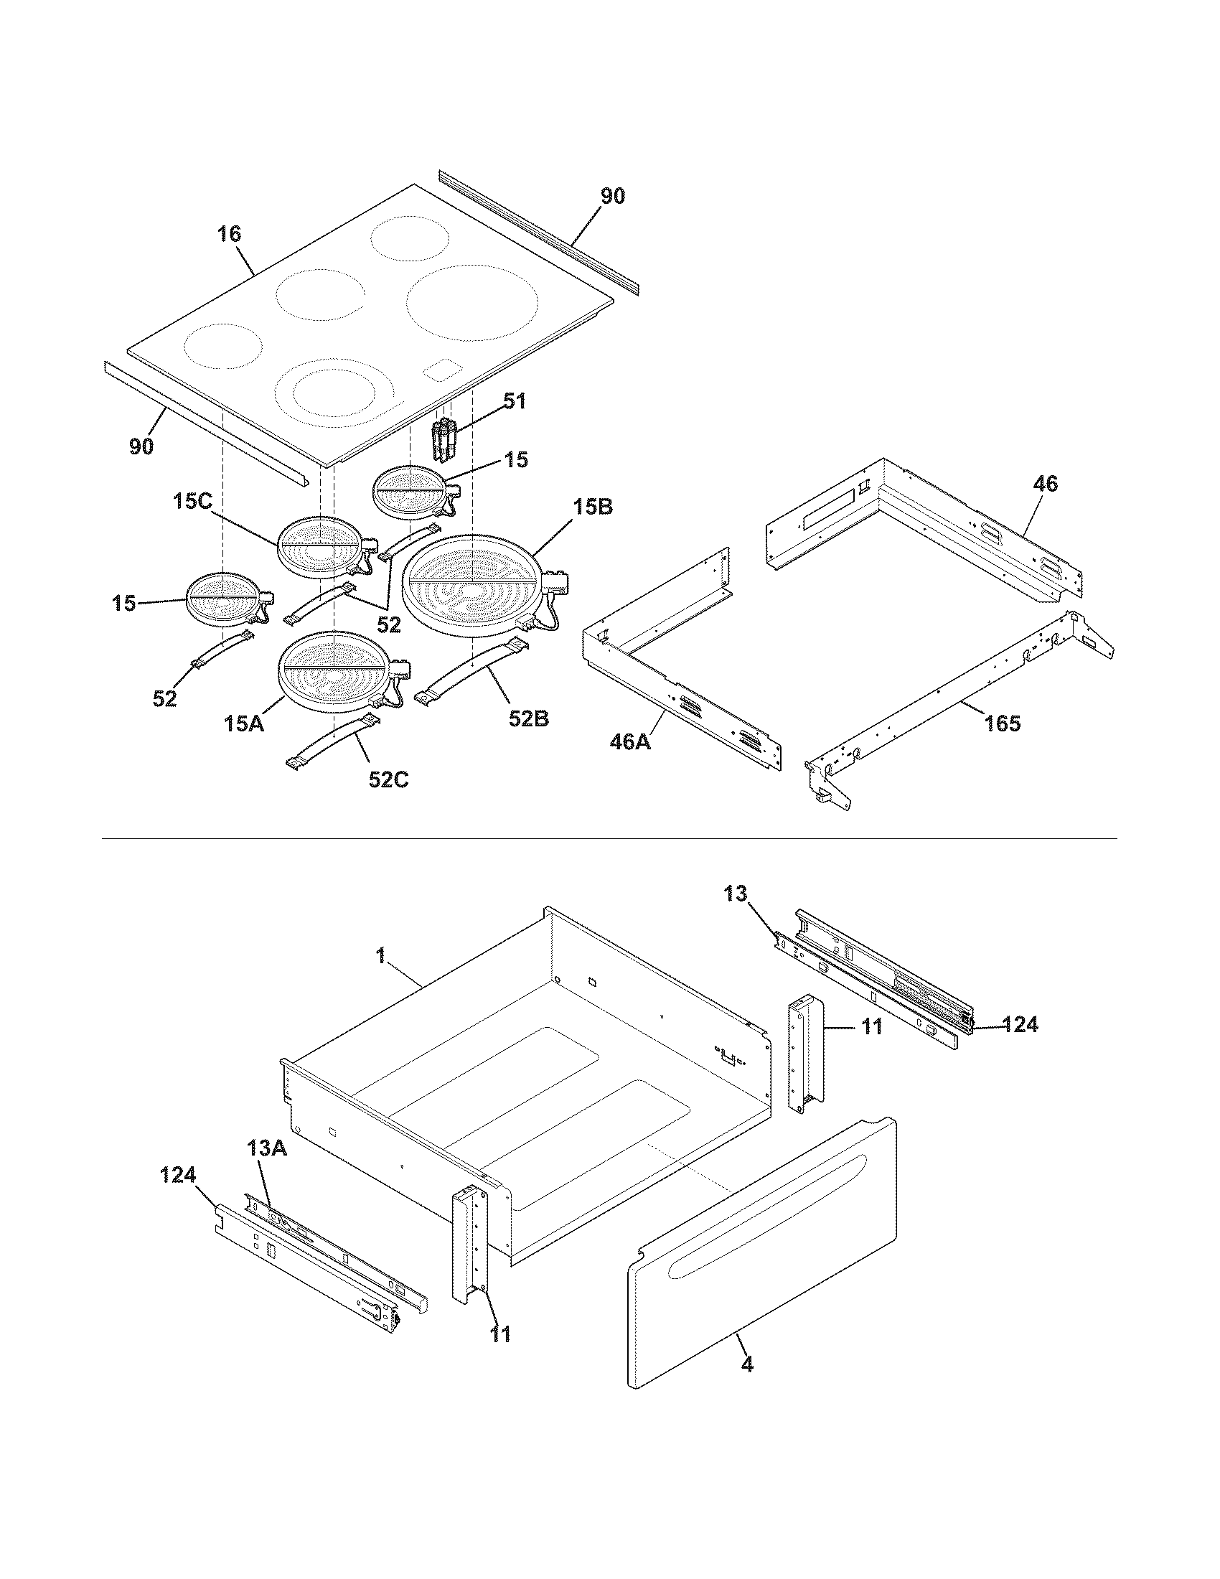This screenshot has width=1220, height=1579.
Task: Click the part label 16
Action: coord(230,234)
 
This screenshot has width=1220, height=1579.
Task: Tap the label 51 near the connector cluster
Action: coord(515,401)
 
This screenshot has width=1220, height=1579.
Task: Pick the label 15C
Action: coord(192,502)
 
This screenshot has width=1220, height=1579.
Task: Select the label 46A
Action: coord(629,741)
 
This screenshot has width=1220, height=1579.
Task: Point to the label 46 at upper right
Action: coord(1045,484)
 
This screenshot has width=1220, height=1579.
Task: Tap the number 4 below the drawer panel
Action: coord(747,1364)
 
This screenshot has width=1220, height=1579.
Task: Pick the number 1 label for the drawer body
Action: coord(380,956)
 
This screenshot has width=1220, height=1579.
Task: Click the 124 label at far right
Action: coord(1019,1024)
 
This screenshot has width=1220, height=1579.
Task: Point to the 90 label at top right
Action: coord(613,196)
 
